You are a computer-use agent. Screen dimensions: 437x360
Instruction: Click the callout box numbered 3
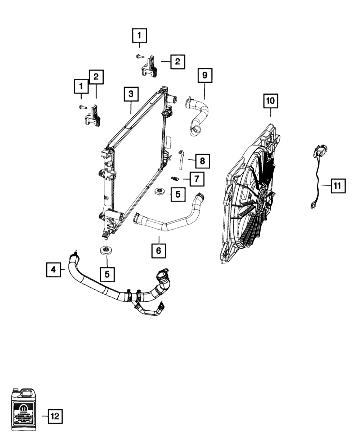point(130,94)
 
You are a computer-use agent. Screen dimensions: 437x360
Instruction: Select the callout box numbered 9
point(204,75)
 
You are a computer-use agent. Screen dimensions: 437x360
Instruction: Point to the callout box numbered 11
point(337,186)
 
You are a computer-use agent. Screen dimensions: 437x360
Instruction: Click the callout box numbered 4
point(53,269)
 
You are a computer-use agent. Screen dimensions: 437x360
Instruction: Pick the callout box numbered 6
point(159,250)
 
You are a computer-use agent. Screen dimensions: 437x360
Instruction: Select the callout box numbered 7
point(196,179)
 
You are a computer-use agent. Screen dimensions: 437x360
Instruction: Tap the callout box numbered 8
point(202,161)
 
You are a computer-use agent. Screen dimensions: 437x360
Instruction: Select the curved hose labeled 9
point(197,115)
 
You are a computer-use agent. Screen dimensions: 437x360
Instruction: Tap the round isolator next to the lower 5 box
point(105,251)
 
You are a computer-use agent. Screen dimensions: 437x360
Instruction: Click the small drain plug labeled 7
point(175,179)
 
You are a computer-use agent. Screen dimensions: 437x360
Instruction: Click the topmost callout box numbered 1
point(139,35)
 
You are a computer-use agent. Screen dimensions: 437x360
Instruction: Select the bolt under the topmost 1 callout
point(139,56)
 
